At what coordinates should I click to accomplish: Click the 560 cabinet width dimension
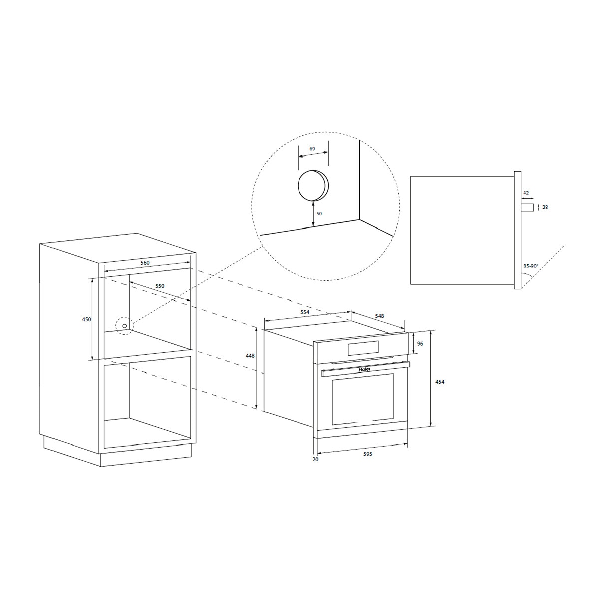pyautogui.click(x=145, y=263)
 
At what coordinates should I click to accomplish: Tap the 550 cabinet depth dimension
pyautogui.click(x=160, y=286)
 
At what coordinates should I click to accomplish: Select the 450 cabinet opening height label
pyautogui.click(x=87, y=319)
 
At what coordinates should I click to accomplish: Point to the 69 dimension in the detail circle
pyautogui.click(x=312, y=149)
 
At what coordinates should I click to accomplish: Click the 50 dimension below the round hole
pyautogui.click(x=319, y=214)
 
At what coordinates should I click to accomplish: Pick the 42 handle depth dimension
pyautogui.click(x=526, y=193)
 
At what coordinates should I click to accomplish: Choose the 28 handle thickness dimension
pyautogui.click(x=545, y=207)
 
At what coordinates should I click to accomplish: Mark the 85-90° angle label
pyautogui.click(x=530, y=266)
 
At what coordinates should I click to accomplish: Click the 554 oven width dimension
pyautogui.click(x=305, y=312)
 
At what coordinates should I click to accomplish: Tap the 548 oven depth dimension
pyautogui.click(x=379, y=316)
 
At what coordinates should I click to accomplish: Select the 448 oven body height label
pyautogui.click(x=250, y=356)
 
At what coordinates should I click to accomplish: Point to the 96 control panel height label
pyautogui.click(x=420, y=344)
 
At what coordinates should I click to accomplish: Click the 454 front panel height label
pyautogui.click(x=440, y=382)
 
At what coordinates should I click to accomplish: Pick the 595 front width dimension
pyautogui.click(x=368, y=454)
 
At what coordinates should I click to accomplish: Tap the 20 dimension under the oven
pyautogui.click(x=315, y=459)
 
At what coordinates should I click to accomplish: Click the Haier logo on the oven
pyautogui.click(x=365, y=370)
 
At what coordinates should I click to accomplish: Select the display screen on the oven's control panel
pyautogui.click(x=363, y=348)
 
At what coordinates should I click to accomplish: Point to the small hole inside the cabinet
pyautogui.click(x=125, y=326)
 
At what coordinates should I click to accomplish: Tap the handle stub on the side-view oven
pyautogui.click(x=527, y=207)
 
